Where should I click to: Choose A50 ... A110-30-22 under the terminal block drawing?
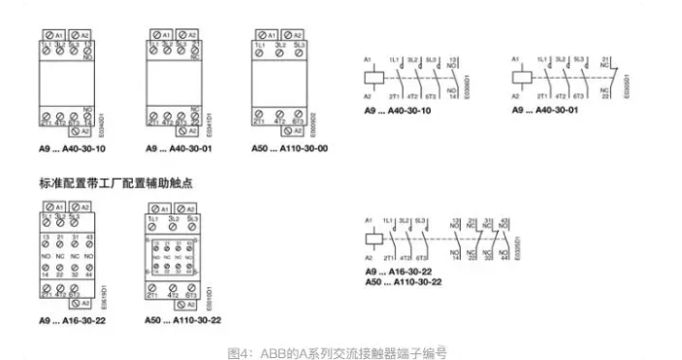tap(183, 319)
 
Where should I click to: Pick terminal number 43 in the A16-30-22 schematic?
tap(504, 221)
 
